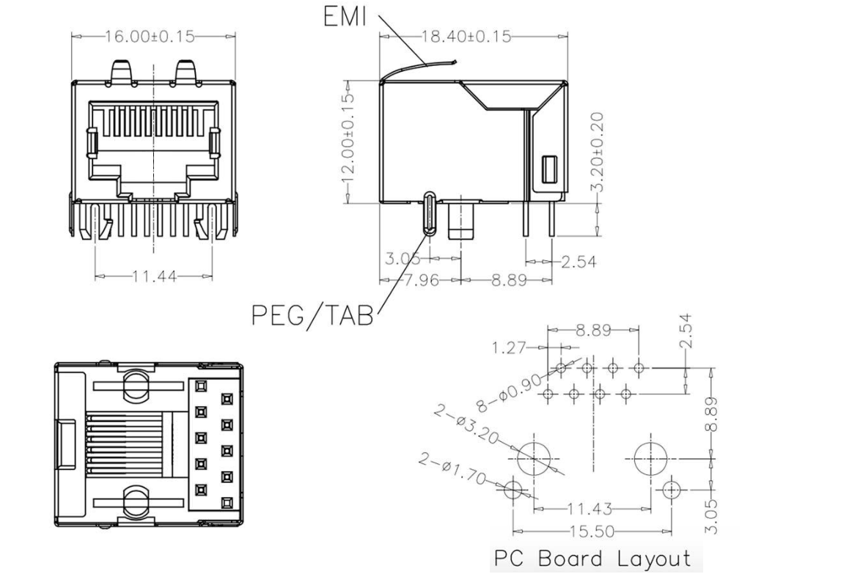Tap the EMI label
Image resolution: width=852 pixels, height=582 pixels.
click(x=345, y=17)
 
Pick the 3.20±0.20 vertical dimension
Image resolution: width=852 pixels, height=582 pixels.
click(x=598, y=150)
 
